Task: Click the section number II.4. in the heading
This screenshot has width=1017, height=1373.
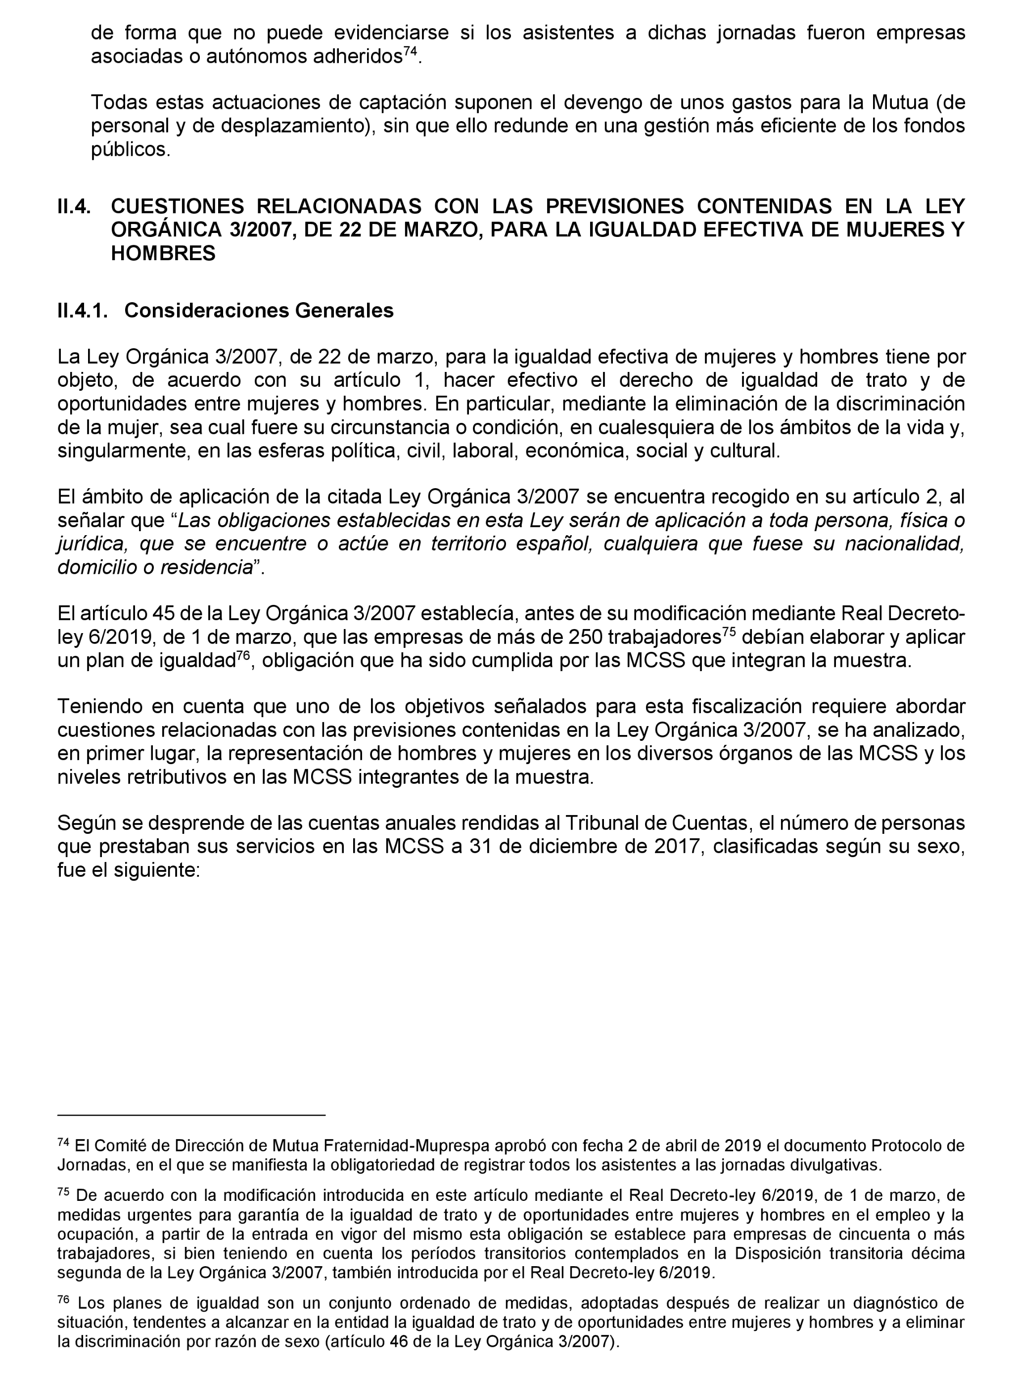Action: click(74, 206)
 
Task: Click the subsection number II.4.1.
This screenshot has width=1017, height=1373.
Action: click(83, 310)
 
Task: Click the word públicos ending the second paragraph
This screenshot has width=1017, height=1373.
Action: click(130, 149)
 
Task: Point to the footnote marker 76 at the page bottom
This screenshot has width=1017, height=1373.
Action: click(63, 1299)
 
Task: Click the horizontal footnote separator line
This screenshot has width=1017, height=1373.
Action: click(191, 1114)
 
